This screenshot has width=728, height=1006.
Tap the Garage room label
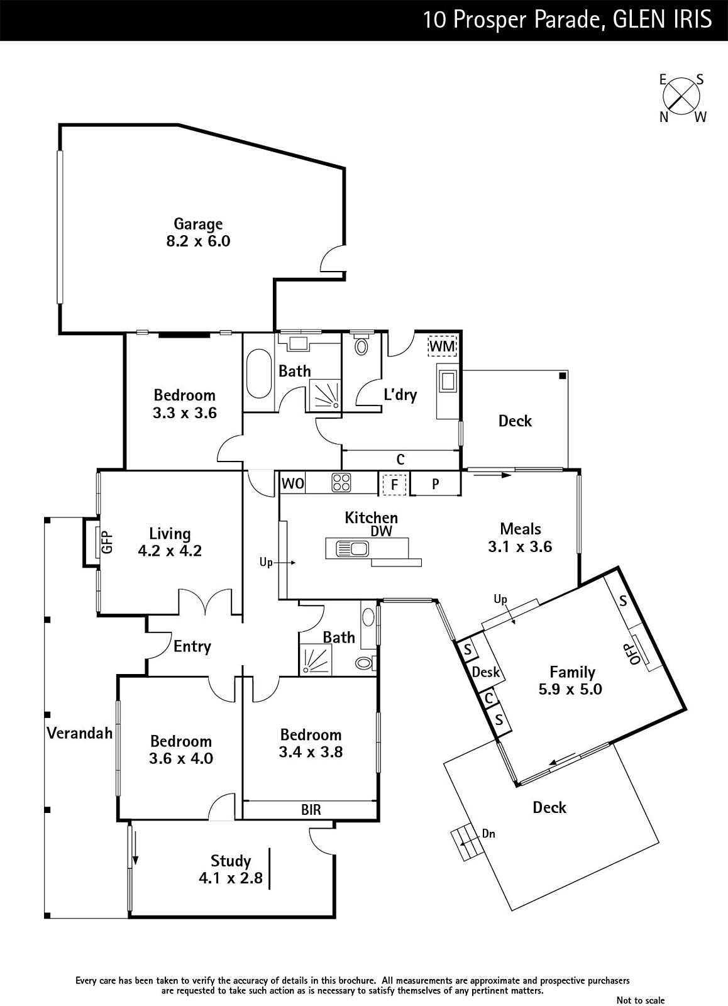click(x=198, y=224)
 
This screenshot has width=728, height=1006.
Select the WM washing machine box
click(x=443, y=346)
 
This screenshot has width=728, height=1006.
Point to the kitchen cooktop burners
click(x=342, y=483)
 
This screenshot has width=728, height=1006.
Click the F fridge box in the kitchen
click(x=395, y=484)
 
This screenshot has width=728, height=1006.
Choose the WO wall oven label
click(x=293, y=484)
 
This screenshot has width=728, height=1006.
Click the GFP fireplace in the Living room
click(x=106, y=542)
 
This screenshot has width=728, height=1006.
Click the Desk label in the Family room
click(x=485, y=672)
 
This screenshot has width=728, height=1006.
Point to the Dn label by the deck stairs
click(x=488, y=834)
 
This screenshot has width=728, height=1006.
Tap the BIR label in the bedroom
click(x=311, y=810)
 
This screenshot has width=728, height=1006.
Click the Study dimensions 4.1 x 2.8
click(x=231, y=878)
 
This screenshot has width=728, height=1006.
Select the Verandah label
click(x=79, y=732)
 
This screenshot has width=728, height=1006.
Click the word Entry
click(x=192, y=646)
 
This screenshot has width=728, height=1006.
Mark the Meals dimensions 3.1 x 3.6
click(x=520, y=547)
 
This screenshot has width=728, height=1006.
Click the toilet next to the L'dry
click(x=361, y=345)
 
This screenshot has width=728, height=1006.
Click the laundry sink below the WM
click(x=448, y=382)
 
